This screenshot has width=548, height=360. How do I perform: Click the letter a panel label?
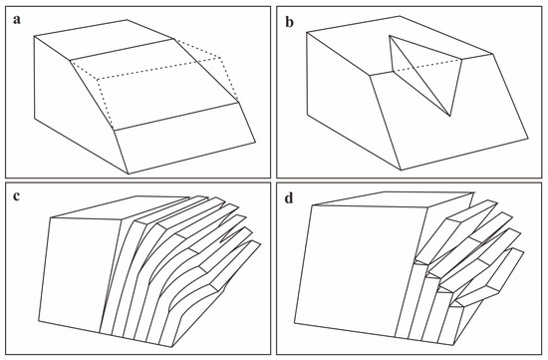17,20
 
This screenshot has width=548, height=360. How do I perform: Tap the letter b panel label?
290,22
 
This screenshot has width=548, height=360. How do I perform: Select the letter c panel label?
16,196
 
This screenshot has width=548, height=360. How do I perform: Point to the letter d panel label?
289,198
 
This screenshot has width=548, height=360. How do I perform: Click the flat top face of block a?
103,40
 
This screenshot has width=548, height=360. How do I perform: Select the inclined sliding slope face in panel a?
153,84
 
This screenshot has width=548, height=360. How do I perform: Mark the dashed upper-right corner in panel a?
221,58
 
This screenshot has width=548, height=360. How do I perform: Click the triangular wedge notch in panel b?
424,70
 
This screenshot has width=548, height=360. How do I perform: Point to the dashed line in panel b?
427,66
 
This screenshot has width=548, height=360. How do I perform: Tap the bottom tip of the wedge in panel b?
450,116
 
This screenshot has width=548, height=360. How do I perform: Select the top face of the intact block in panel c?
119,207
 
